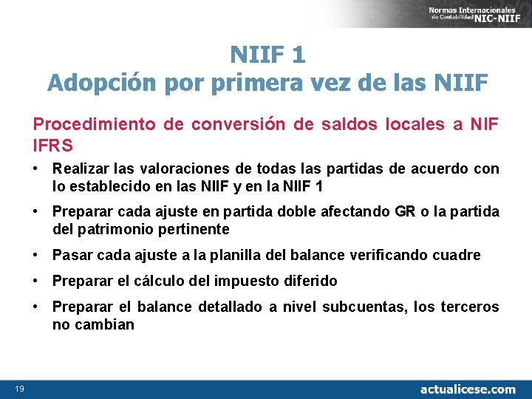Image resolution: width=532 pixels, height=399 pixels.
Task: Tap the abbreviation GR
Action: (x=405, y=212)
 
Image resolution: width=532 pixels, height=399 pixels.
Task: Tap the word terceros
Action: (x=471, y=307)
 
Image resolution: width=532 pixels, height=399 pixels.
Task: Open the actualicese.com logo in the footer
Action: (x=468, y=389)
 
